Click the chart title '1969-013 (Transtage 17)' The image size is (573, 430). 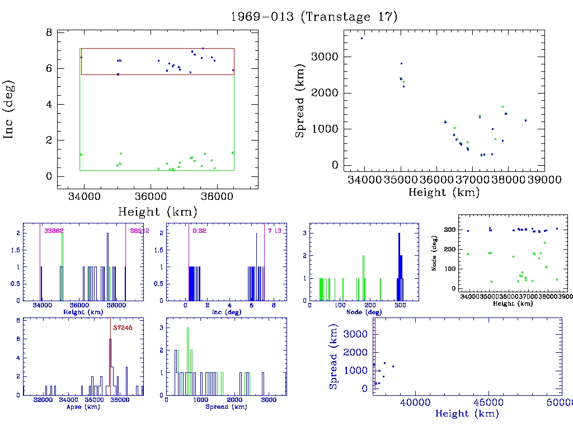tap(314, 16)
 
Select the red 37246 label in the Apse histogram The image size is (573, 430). tap(122, 328)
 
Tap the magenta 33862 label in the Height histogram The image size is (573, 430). tap(54, 231)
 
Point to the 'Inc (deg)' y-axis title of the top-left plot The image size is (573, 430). tap(9, 109)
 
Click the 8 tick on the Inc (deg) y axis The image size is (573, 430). tap(49, 32)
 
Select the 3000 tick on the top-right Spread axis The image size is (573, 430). tap(327, 57)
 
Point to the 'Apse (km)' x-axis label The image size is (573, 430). tap(82, 406)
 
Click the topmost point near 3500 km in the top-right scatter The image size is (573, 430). tap(362, 38)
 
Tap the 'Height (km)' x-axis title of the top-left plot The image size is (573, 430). tap(157, 212)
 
